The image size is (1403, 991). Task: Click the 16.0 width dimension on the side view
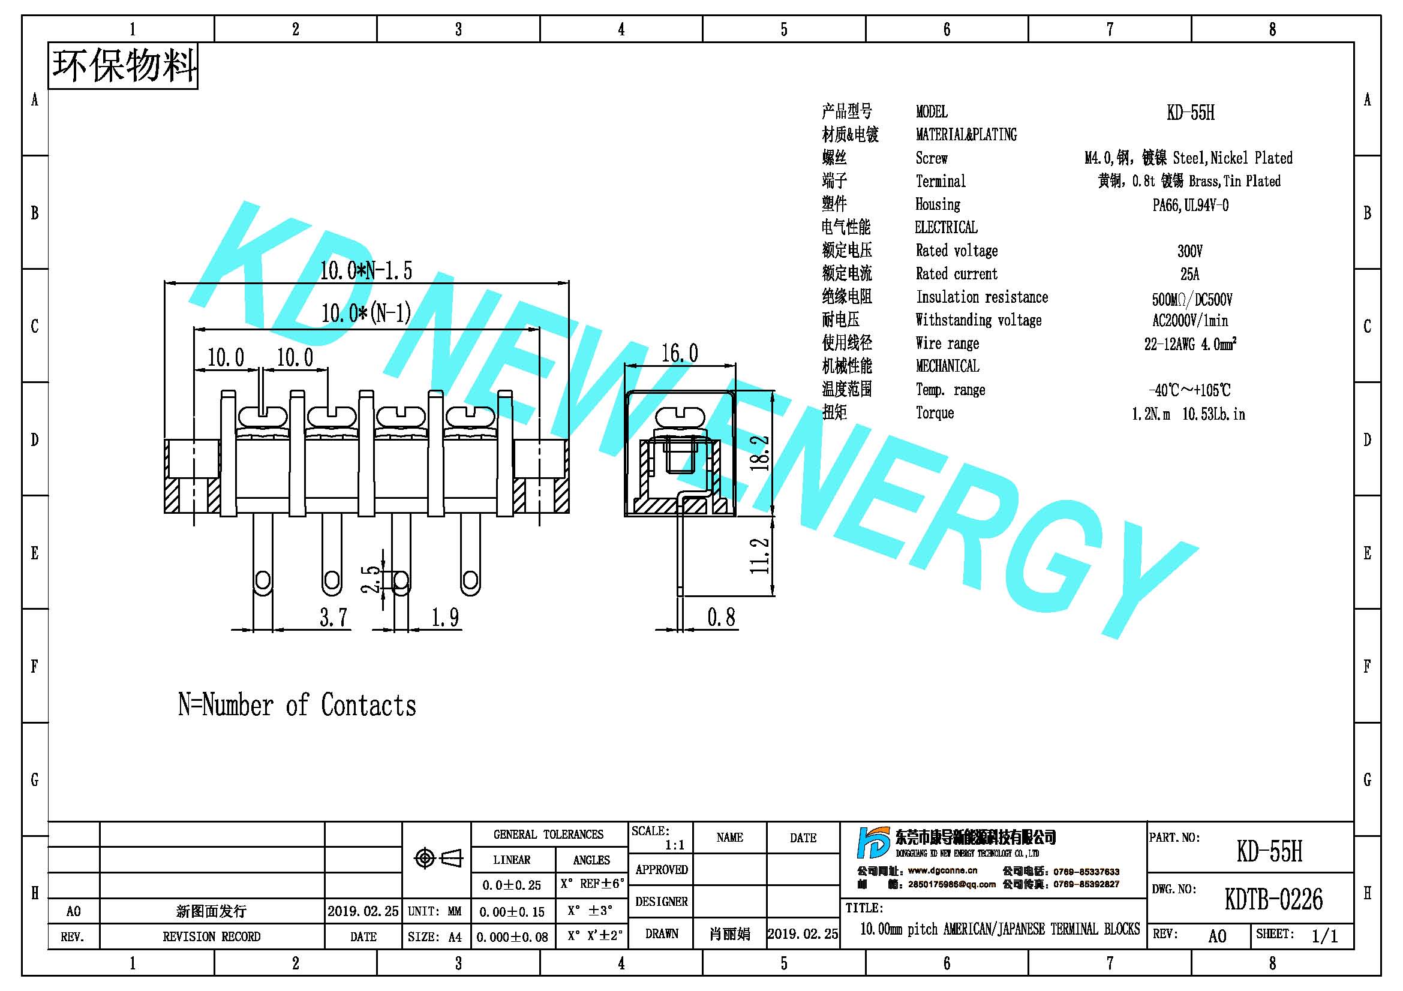pyautogui.click(x=680, y=353)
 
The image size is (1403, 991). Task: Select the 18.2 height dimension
pyautogui.click(x=759, y=453)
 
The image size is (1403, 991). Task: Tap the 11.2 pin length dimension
pyautogui.click(x=759, y=556)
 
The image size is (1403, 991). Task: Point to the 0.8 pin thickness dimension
pyautogui.click(x=721, y=618)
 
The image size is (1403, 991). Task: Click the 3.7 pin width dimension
pyautogui.click(x=334, y=618)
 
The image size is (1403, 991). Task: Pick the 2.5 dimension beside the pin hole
pyautogui.click(x=370, y=579)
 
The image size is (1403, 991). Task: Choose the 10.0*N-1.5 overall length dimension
pyautogui.click(x=366, y=270)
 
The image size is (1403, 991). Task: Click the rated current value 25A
pyautogui.click(x=1189, y=274)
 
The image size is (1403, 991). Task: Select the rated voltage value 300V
pyautogui.click(x=1189, y=251)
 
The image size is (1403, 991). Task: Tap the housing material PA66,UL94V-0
pyautogui.click(x=1190, y=205)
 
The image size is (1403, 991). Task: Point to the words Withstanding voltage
pyautogui.click(x=978, y=320)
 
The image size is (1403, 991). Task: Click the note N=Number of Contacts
pyautogui.click(x=297, y=705)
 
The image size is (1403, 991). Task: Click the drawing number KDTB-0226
pyautogui.click(x=1273, y=899)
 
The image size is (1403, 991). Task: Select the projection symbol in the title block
pyautogui.click(x=438, y=859)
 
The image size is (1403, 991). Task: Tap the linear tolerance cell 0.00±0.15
pyautogui.click(x=512, y=912)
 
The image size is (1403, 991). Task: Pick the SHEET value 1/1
pyautogui.click(x=1325, y=936)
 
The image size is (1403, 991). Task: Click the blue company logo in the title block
pyautogui.click(x=873, y=843)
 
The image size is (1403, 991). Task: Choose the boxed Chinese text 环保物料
pyautogui.click(x=124, y=65)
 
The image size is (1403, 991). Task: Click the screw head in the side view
pyautogui.click(x=680, y=418)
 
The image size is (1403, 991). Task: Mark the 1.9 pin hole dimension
pyautogui.click(x=445, y=618)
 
